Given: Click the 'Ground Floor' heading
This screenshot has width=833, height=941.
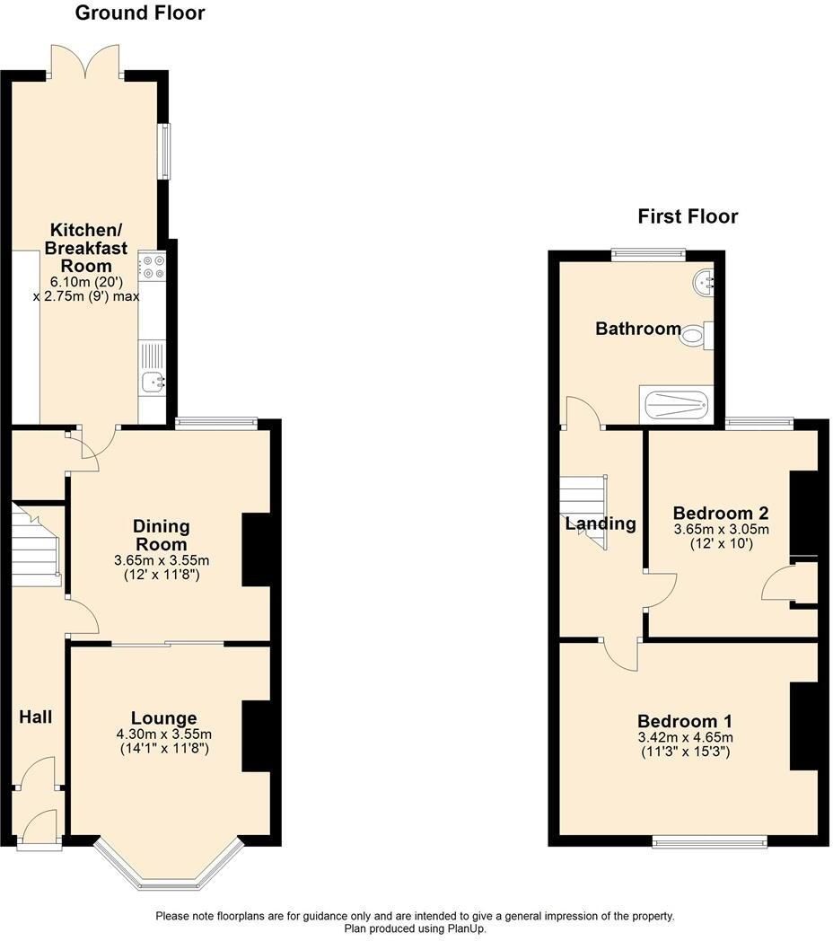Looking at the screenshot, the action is pos(140,13).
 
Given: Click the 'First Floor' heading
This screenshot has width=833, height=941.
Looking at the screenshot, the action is pos(688,216).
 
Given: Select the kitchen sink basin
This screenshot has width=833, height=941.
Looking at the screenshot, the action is pos(153,381).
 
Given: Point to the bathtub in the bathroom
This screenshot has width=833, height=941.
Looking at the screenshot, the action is pos(676,405).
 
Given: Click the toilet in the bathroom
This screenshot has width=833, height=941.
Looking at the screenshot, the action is pos(697,335).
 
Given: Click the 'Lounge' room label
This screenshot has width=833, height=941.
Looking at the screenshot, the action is pos(164,717).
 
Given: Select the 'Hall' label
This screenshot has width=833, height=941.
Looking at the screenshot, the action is pos(35,717).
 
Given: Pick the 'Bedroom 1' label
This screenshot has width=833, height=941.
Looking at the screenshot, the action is pos(685,721).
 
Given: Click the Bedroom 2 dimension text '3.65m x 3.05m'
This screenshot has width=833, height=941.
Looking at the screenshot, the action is pos(722,530).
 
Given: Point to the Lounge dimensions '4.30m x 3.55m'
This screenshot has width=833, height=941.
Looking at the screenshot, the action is pos(164,734).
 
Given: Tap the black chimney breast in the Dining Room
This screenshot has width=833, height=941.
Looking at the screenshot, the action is pos(256,550).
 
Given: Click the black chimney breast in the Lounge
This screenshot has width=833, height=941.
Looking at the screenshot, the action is pos(256,735).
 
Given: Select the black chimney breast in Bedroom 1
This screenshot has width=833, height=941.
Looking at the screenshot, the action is pos(804,726).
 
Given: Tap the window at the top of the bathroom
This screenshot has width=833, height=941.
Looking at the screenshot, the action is pos(648,254).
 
